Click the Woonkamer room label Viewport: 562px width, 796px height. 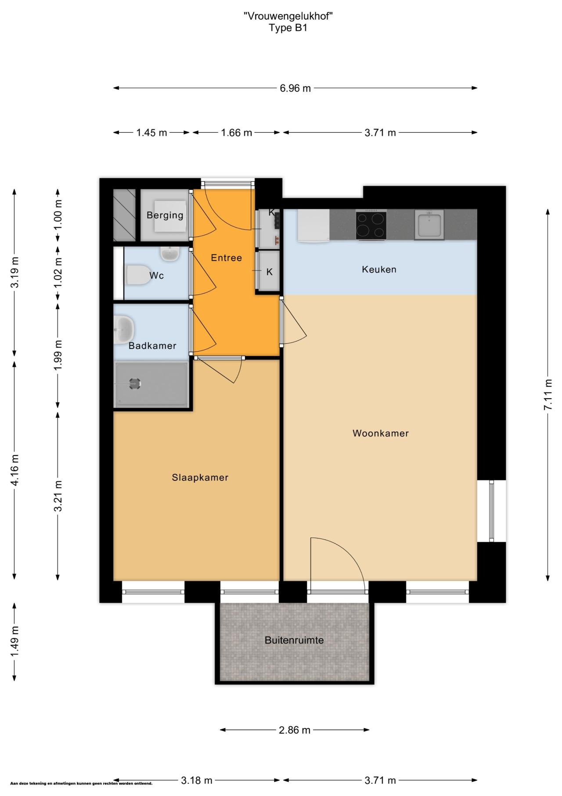tap(380, 433)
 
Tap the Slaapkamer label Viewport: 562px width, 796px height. tap(200, 478)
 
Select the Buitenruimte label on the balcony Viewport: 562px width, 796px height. tap(294, 640)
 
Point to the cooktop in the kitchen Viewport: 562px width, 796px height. tap(371, 225)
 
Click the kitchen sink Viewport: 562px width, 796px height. tap(429, 225)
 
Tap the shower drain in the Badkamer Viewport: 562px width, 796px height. tap(135, 384)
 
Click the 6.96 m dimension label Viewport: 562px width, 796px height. tap(295, 88)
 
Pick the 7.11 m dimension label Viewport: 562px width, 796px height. tap(548, 394)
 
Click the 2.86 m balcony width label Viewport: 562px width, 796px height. tap(295, 730)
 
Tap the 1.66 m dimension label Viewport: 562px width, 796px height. tap(237, 133)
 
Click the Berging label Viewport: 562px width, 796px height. tap(165, 215)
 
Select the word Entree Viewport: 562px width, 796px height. tap(227, 258)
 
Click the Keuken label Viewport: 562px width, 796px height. tap(379, 269)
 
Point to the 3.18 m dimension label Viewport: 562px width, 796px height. tap(197, 781)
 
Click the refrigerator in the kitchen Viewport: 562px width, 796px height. tap(313, 225)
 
